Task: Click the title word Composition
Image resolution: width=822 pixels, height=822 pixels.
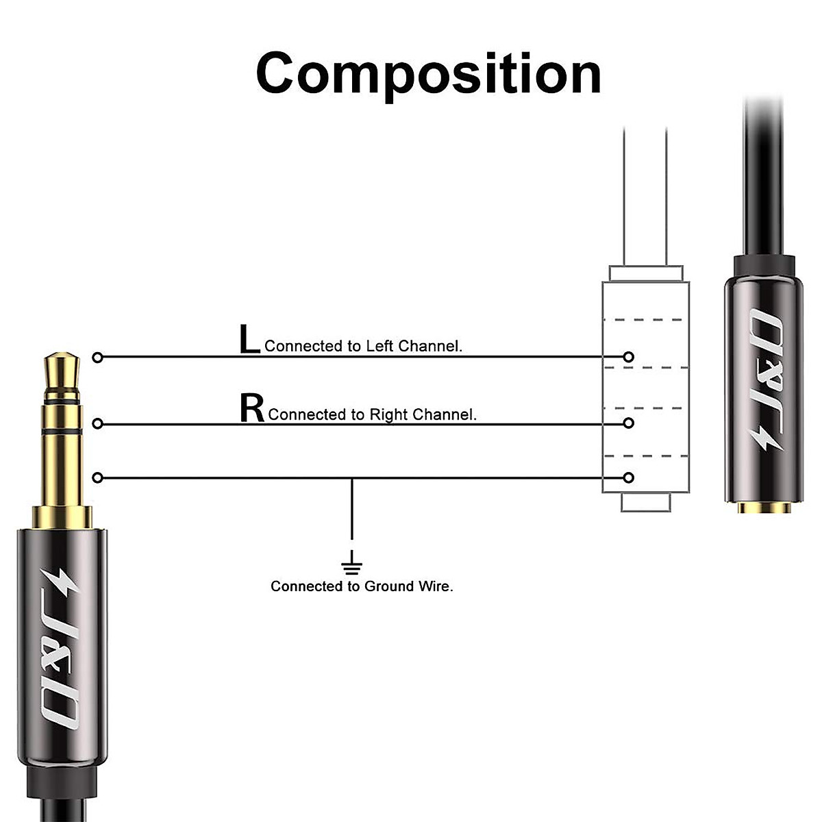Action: [x=428, y=73]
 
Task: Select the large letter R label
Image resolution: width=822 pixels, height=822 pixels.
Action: [x=251, y=408]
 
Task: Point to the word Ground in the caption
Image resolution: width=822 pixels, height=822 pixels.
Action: [x=388, y=586]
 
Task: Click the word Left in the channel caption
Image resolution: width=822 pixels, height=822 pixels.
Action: [x=379, y=346]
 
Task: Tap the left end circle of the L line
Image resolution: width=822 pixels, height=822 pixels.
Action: [x=97, y=357]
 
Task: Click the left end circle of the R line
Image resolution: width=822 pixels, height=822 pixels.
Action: [x=97, y=424]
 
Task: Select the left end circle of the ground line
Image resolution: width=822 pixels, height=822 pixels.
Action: [x=97, y=477]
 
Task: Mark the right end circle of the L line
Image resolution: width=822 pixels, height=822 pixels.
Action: [x=629, y=357]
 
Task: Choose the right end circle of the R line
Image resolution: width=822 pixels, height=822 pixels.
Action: [x=629, y=424]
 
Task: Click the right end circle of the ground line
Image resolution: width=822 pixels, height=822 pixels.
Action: [x=629, y=477]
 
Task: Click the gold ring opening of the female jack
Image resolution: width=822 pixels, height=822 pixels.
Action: [x=760, y=508]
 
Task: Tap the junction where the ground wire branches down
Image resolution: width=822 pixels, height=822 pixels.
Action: [x=352, y=477]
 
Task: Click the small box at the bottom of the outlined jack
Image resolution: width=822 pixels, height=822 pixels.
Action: [x=645, y=502]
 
